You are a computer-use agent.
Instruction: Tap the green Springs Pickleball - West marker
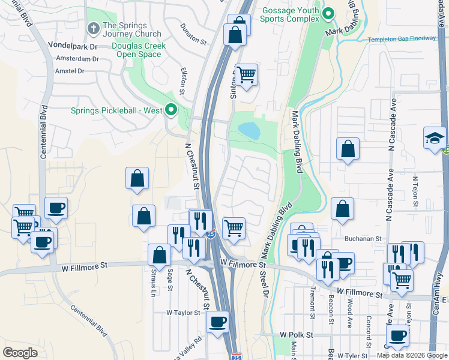tap(170, 110)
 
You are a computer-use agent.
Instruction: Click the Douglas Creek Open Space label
tap(139, 50)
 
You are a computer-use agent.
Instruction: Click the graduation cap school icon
tap(435, 137)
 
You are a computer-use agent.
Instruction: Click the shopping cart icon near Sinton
tap(246, 74)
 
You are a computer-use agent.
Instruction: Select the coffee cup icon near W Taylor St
tap(217, 321)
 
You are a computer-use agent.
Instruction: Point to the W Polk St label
tap(297, 334)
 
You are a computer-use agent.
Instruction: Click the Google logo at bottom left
tap(20, 353)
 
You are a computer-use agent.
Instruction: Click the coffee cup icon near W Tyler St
tap(397, 335)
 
